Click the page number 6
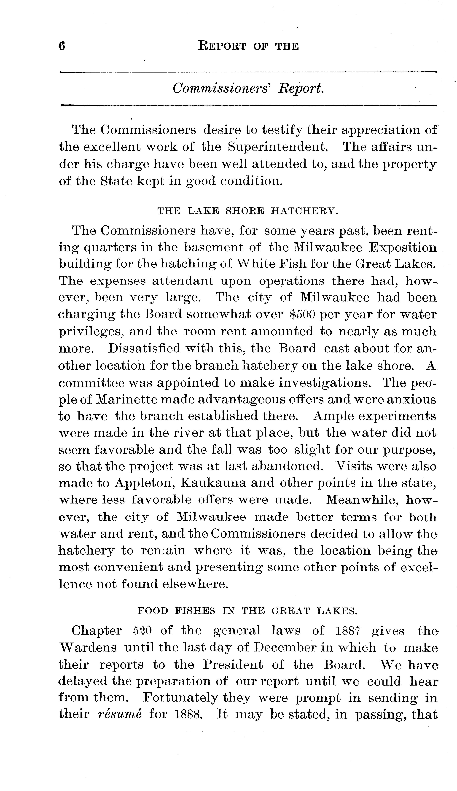(x=62, y=46)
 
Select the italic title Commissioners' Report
(x=248, y=89)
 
